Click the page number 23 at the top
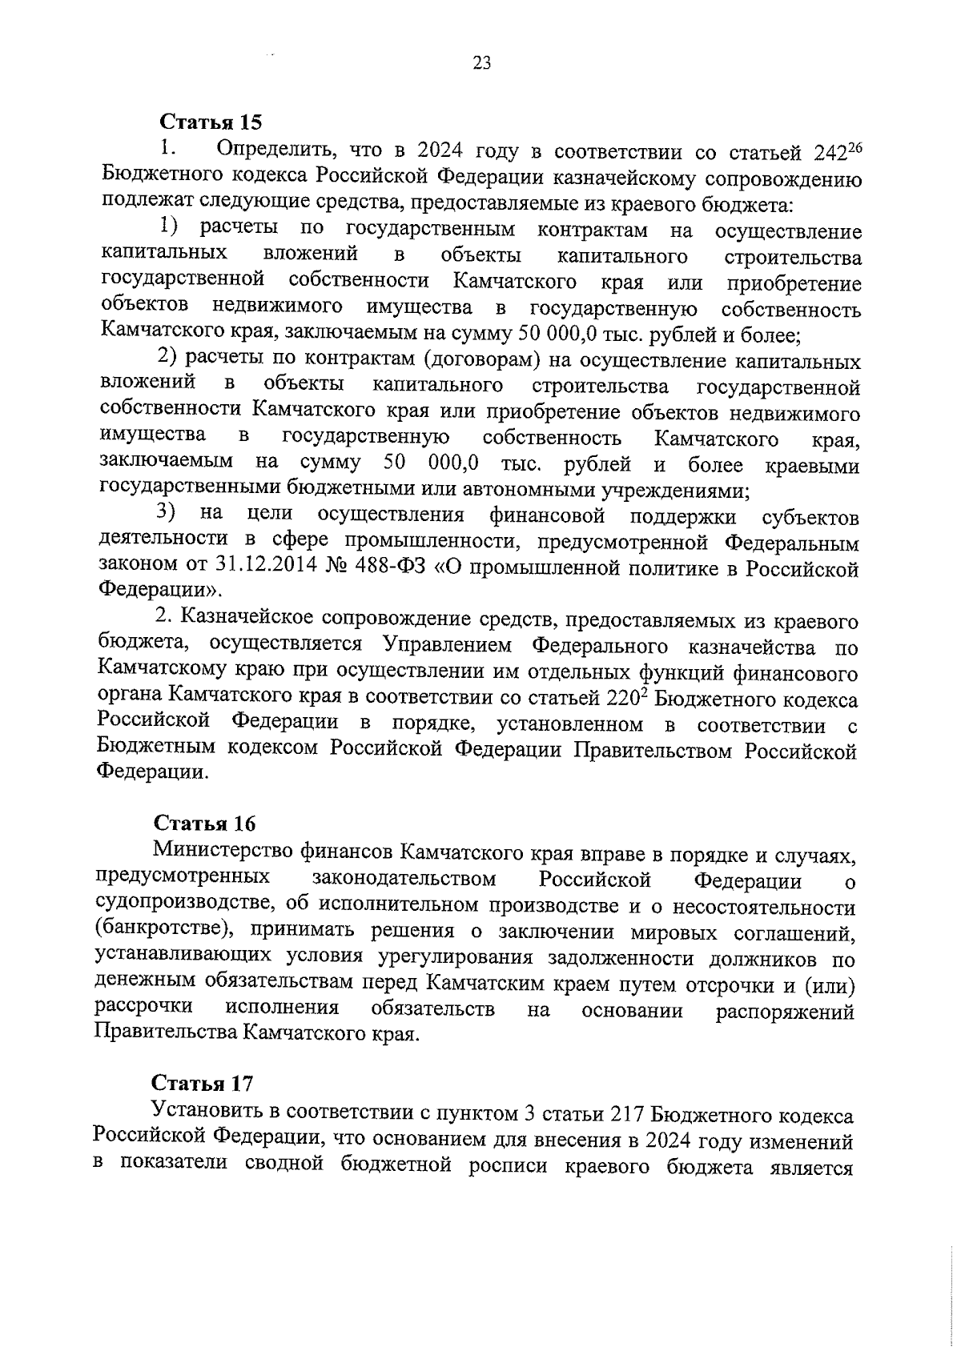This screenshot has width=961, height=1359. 481,64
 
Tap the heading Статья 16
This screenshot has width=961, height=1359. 204,824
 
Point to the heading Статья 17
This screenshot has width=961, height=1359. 203,1083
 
